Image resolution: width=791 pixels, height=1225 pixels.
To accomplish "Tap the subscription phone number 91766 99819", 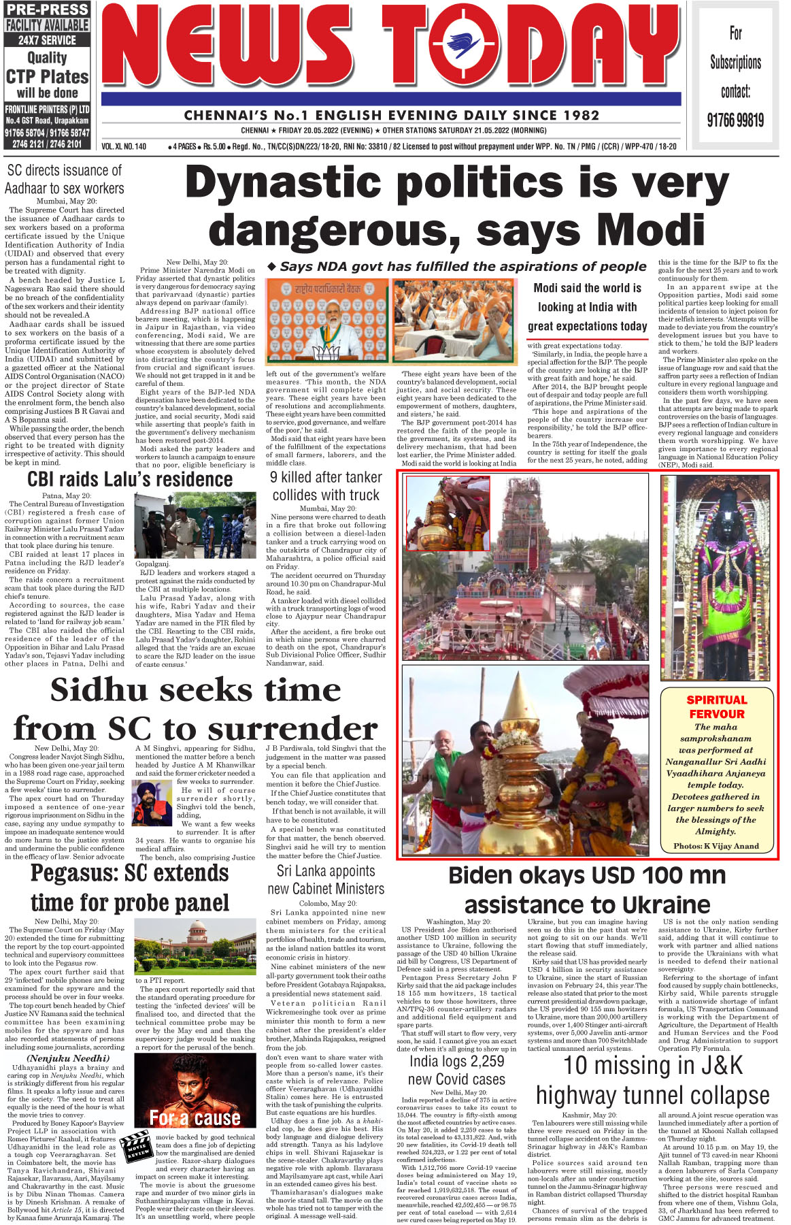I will tap(735, 120).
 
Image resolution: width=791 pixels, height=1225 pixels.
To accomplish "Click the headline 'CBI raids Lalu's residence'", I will tap(130, 480).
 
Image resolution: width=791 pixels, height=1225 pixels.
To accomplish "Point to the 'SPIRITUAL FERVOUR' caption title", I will tap(717, 706).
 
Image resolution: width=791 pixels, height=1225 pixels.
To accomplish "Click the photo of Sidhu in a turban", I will tap(152, 804).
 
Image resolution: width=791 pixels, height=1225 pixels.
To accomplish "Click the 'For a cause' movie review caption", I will tap(195, 1117).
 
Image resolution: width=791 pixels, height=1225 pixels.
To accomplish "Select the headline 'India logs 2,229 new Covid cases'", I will tap(456, 1070).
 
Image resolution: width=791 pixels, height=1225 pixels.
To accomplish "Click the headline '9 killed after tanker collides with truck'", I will tap(326, 486).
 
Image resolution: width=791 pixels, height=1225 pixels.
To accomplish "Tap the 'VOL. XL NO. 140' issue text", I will tap(124, 146).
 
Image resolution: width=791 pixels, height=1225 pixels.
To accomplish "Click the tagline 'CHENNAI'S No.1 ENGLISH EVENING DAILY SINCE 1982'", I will tap(392, 116).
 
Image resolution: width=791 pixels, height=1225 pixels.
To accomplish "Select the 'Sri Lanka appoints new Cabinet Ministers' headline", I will tap(326, 879).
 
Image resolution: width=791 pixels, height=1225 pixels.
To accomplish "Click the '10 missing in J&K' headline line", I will tap(653, 1065).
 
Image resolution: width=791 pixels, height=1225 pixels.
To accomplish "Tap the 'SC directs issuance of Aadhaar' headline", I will tap(65, 179).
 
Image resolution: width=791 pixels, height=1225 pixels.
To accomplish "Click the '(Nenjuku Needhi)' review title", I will tap(67, 1058).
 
